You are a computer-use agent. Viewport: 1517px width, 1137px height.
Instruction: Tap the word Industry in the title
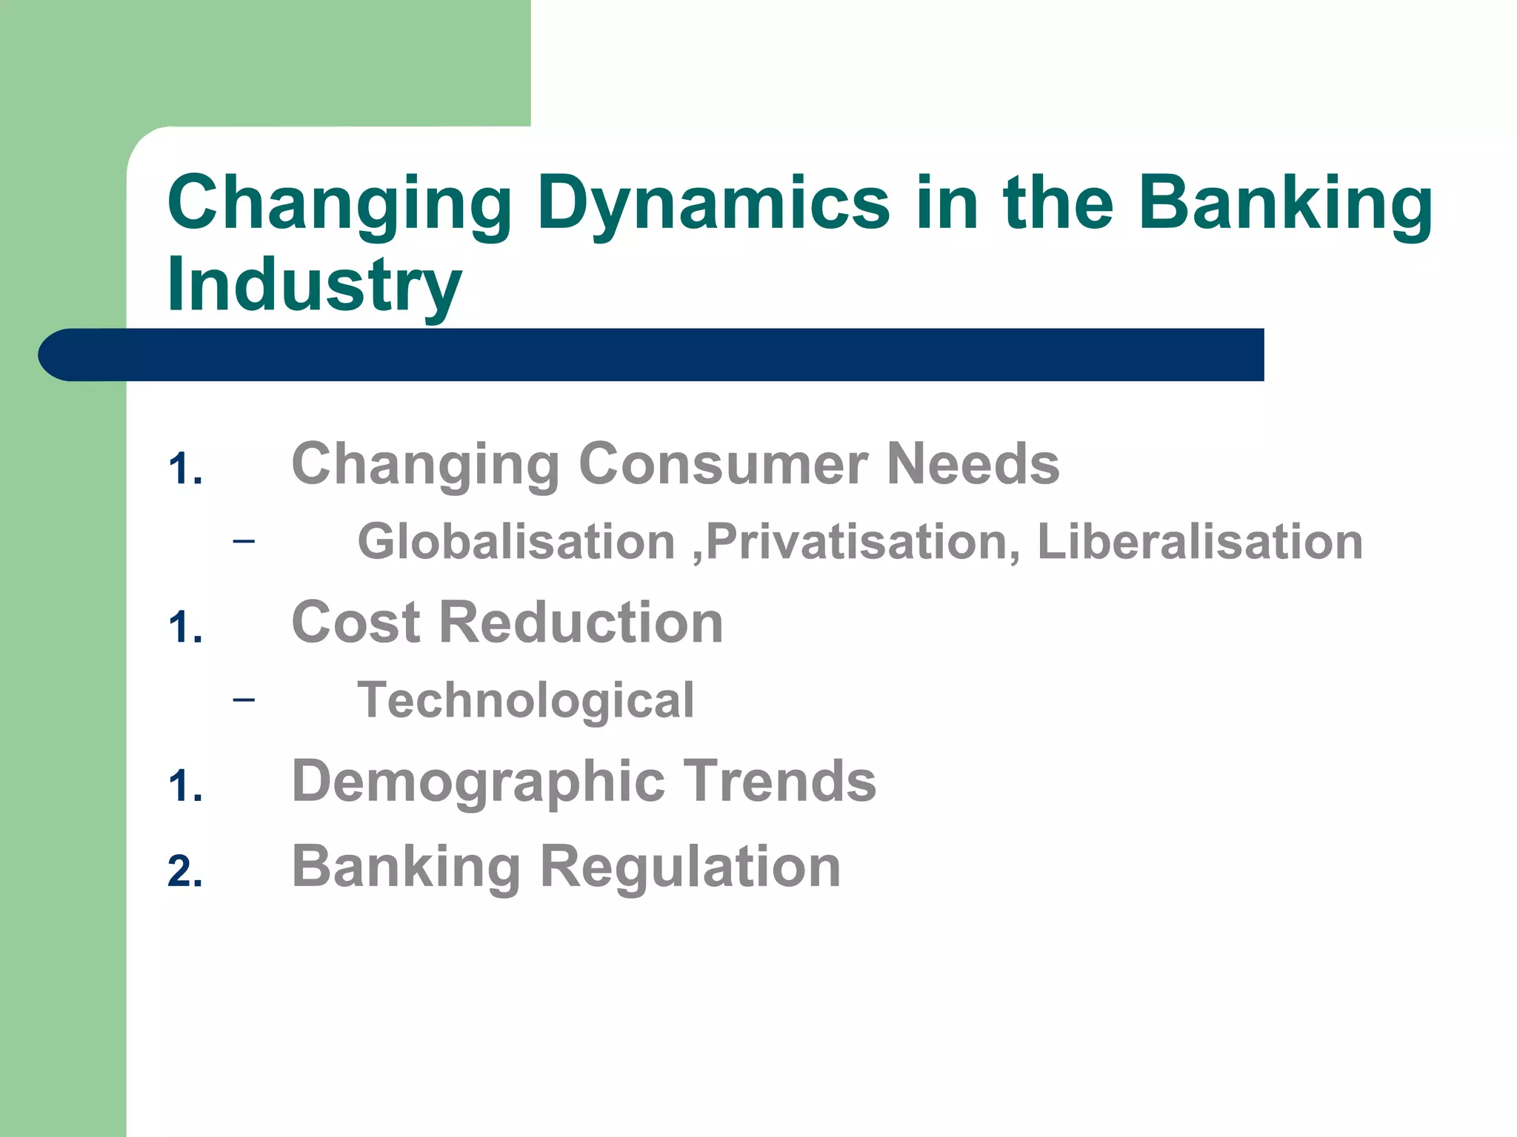[x=315, y=285]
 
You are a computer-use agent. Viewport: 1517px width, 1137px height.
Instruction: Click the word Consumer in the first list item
[x=722, y=464]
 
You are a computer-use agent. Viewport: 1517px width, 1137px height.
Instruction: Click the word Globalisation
[x=516, y=542]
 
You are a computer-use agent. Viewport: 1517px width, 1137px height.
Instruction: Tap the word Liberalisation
[x=1199, y=542]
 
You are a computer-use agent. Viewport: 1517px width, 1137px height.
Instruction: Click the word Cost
[x=356, y=623]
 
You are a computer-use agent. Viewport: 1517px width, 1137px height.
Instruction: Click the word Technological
[x=525, y=700]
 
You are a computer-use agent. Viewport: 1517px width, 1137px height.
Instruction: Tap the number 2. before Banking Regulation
[x=184, y=871]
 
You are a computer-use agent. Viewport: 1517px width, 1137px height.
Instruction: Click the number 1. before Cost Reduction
[x=184, y=628]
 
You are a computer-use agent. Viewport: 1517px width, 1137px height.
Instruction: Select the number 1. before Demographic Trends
[x=184, y=786]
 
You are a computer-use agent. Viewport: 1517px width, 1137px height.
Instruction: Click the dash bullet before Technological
[x=243, y=700]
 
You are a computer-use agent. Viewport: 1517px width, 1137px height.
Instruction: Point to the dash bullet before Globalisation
[x=243, y=541]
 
